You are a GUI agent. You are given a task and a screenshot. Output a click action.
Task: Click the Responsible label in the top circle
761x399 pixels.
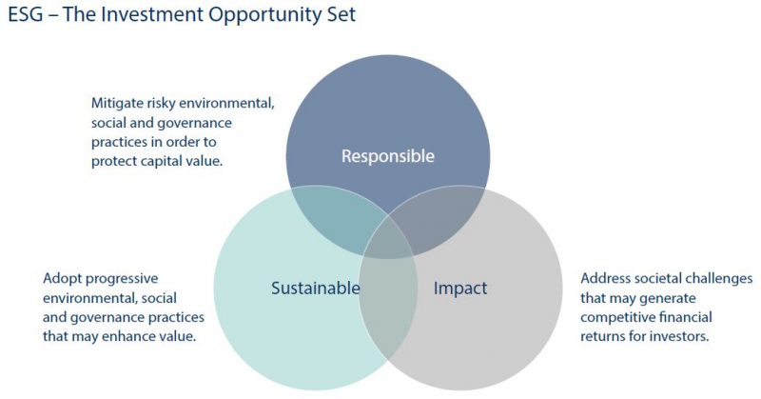pos(388,156)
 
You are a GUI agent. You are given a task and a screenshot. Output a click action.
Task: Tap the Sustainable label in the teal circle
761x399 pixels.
pos(316,288)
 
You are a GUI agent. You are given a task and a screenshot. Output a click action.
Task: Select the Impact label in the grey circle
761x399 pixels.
pos(460,289)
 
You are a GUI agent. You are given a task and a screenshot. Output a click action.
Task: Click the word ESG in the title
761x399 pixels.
pos(26,14)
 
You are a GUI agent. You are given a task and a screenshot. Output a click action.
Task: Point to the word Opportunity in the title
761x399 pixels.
pos(265,15)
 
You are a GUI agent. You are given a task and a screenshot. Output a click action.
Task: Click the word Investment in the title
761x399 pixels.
pos(152,14)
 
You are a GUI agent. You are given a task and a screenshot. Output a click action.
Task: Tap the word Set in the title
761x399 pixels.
pos(341,14)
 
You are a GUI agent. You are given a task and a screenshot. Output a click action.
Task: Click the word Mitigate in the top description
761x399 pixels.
pos(117,104)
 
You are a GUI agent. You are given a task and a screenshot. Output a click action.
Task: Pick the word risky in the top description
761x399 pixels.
pos(162,104)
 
